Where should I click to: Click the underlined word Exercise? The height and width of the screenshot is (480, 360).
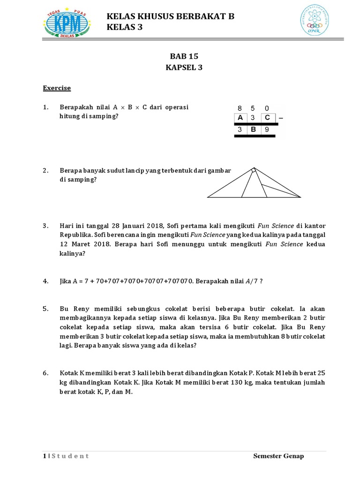[57, 88]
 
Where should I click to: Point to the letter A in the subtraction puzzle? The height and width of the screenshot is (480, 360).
[240, 118]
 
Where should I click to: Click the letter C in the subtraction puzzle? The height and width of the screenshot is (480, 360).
[267, 118]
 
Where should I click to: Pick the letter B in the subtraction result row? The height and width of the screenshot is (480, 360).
[254, 130]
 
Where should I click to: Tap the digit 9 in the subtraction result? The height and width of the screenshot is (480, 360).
[267, 130]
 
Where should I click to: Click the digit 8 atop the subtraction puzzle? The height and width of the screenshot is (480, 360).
[240, 107]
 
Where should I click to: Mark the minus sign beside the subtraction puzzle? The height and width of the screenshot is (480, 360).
[281, 118]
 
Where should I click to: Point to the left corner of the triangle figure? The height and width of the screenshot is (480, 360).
[208, 196]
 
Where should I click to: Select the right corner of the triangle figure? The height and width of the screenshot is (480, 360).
[300, 196]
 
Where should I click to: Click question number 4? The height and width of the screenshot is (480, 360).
[45, 281]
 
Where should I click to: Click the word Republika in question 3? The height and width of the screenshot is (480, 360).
[75, 234]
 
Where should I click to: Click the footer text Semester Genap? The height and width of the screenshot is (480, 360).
[278, 456]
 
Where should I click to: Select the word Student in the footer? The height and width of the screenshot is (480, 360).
[70, 456]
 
